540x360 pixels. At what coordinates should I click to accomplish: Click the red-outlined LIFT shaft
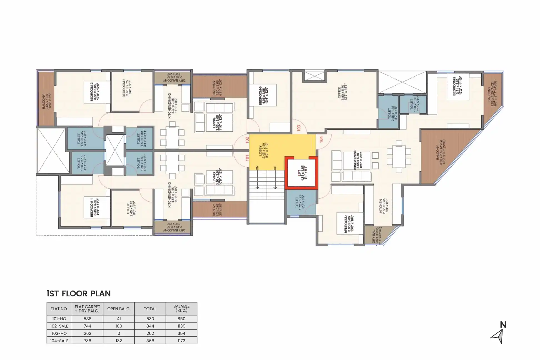[x=301, y=173]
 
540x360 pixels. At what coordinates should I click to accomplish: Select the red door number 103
[x=299, y=128]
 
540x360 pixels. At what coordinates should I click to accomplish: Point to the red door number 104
[x=321, y=139]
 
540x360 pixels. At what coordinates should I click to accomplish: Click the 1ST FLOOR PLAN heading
[x=79, y=294]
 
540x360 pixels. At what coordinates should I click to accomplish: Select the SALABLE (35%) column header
[x=181, y=308]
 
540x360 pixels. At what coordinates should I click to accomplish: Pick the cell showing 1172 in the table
[x=181, y=341]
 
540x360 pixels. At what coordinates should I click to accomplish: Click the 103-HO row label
[x=59, y=333]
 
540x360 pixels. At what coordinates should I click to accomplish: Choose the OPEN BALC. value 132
[x=119, y=341]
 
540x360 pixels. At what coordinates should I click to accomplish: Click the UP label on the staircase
[x=275, y=168]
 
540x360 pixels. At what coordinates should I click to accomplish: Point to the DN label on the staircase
[x=257, y=168]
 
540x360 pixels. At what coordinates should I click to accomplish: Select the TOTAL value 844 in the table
[x=150, y=326]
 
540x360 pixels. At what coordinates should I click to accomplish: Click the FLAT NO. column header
[x=59, y=309]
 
